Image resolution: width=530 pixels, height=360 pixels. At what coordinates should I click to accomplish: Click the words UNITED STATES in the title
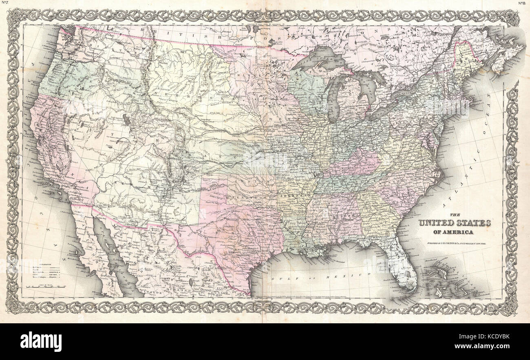(x=455, y=223)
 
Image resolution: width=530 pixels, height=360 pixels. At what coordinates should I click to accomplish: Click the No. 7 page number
(x=5, y=3)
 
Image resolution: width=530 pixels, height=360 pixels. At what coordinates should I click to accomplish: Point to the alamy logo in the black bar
(x=41, y=341)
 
